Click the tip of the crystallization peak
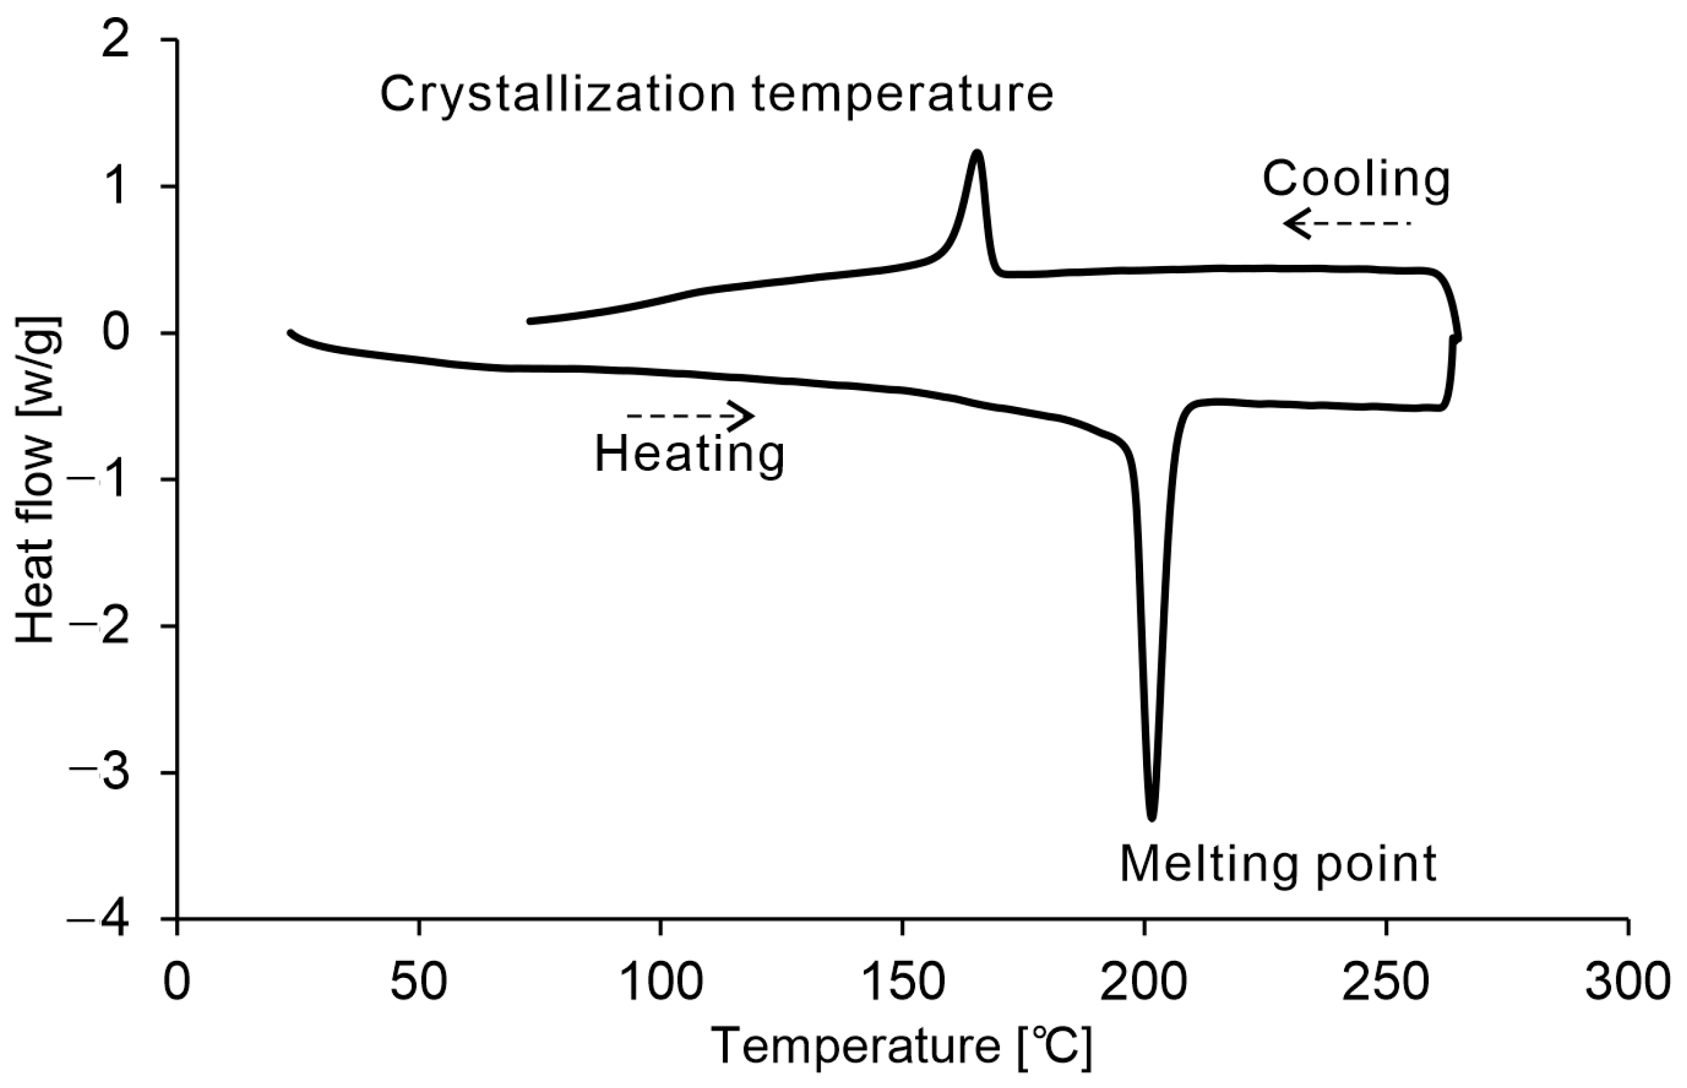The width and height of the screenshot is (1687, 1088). (977, 153)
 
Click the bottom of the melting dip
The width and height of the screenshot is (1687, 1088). (1152, 817)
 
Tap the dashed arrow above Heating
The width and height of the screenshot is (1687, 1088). (690, 416)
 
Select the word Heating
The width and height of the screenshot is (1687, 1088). (689, 454)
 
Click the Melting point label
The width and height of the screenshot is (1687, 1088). (1278, 863)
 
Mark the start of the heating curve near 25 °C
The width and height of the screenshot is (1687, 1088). (290, 332)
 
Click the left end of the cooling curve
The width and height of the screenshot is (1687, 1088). (529, 321)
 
